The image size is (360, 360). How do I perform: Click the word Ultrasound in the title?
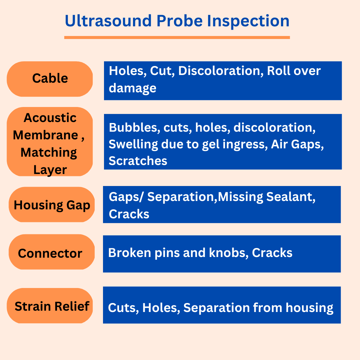[x=108, y=21]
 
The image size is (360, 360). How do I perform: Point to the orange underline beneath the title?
[x=177, y=37]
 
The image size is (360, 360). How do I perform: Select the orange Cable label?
[x=50, y=79]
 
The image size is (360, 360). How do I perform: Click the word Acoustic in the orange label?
[x=50, y=118]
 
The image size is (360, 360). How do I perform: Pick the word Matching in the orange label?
[x=49, y=153]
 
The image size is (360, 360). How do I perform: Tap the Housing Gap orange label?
[x=52, y=205]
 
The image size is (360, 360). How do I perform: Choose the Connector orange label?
[x=52, y=252]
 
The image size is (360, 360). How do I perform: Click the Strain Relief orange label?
[x=50, y=306]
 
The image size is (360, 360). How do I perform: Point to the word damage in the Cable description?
[x=132, y=88]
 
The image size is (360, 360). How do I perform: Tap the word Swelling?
[x=133, y=145]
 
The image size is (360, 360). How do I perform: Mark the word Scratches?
[x=138, y=161]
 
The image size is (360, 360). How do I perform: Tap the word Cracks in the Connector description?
[x=272, y=253]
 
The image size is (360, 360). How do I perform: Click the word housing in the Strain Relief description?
[x=309, y=308]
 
